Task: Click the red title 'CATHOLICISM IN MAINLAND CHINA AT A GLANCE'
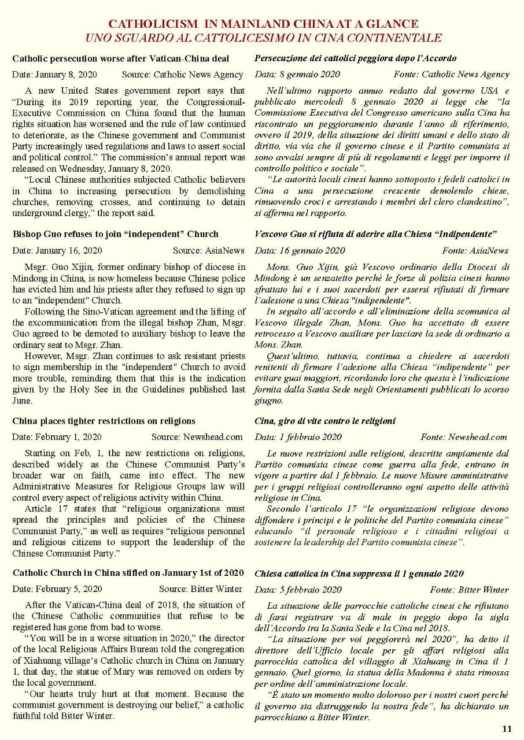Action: [263, 24]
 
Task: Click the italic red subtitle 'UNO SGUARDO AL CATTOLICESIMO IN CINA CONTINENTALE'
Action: [263, 38]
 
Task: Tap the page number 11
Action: [507, 729]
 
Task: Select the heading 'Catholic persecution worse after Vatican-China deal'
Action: [121, 58]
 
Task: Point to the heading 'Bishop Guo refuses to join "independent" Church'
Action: [115, 234]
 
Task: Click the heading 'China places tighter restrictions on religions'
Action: [104, 421]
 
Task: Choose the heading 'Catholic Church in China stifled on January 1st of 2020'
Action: [128, 573]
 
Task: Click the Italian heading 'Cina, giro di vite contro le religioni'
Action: [325, 421]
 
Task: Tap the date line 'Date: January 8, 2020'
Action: [54, 75]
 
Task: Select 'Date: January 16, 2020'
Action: [57, 250]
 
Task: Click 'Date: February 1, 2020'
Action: [57, 437]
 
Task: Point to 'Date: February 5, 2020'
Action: [57, 589]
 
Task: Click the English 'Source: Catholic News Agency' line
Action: [183, 75]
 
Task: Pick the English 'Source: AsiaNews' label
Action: [208, 250]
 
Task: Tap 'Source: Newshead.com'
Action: [197, 437]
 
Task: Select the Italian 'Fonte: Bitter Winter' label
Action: [469, 590]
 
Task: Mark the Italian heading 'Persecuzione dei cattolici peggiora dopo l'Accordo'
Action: [356, 58]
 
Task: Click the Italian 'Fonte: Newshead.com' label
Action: [464, 437]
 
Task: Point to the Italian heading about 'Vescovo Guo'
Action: [376, 234]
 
